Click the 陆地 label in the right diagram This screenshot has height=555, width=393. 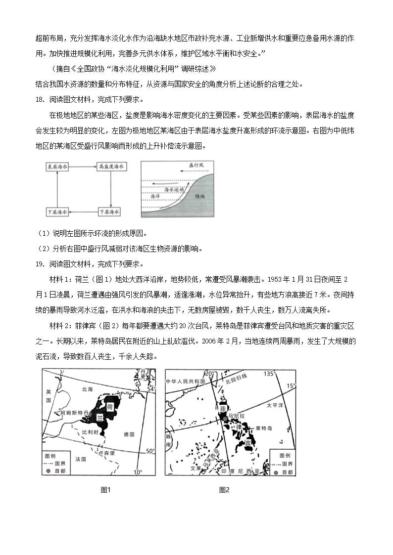click(x=200, y=196)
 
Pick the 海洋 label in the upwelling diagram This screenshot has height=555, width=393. click(x=154, y=196)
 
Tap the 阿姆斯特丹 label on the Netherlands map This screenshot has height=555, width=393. click(x=75, y=412)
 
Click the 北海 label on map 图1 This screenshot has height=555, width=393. click(x=87, y=389)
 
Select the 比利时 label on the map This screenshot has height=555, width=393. click(x=91, y=431)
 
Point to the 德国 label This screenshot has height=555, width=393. click(x=128, y=434)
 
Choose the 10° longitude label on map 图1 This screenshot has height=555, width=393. click(x=137, y=472)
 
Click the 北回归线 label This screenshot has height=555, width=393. click(x=249, y=382)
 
